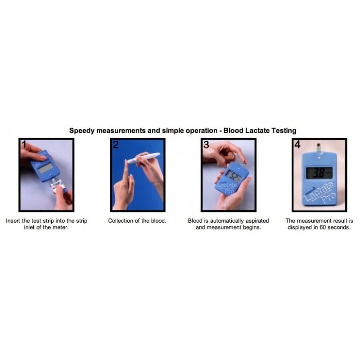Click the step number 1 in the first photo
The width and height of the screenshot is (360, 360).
pos(23,144)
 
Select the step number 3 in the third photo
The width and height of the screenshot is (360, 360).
pos(207,144)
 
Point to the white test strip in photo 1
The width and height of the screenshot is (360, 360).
pos(58,184)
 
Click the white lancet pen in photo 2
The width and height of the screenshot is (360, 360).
pos(143,157)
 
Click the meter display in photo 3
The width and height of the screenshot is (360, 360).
pos(234,175)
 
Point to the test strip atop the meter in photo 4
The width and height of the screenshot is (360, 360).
pos(319,148)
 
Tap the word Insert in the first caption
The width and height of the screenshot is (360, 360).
pos(13,221)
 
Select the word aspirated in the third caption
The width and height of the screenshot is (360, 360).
pos(256,221)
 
